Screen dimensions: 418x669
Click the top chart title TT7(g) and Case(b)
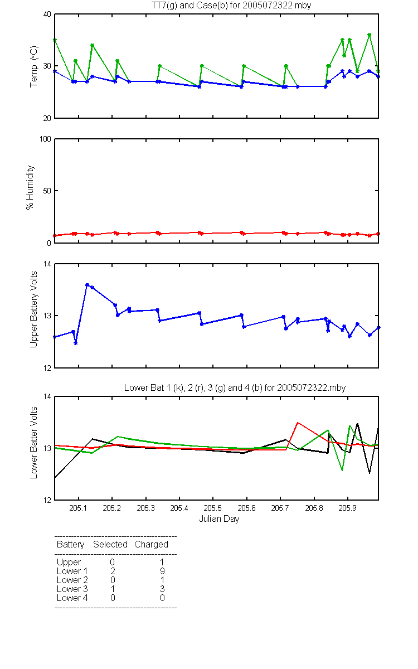tap(231, 6)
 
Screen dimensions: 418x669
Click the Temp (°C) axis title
tap(34, 66)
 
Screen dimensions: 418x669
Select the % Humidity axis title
tap(30, 187)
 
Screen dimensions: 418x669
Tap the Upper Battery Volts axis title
tap(34, 309)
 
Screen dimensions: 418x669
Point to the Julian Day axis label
tap(219, 519)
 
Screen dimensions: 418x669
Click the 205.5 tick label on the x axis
tap(212, 508)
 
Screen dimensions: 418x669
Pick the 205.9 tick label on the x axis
tap(348, 508)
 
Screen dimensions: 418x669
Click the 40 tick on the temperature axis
tap(47, 14)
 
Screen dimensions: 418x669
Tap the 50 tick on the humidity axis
tap(47, 191)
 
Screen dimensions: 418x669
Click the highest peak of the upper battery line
tap(87, 285)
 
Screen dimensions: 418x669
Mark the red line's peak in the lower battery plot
tap(298, 423)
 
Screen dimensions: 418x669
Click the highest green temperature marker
tap(370, 35)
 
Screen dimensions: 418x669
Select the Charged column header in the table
tap(151, 545)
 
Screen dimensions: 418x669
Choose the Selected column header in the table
tap(110, 545)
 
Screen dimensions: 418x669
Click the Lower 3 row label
tap(72, 589)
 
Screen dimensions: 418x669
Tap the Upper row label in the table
tap(69, 563)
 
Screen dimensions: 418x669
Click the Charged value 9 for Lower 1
tap(162, 571)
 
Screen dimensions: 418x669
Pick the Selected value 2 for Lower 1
tap(113, 571)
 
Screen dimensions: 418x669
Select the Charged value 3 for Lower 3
tap(162, 589)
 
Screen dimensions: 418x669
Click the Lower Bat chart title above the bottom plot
tap(235, 387)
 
